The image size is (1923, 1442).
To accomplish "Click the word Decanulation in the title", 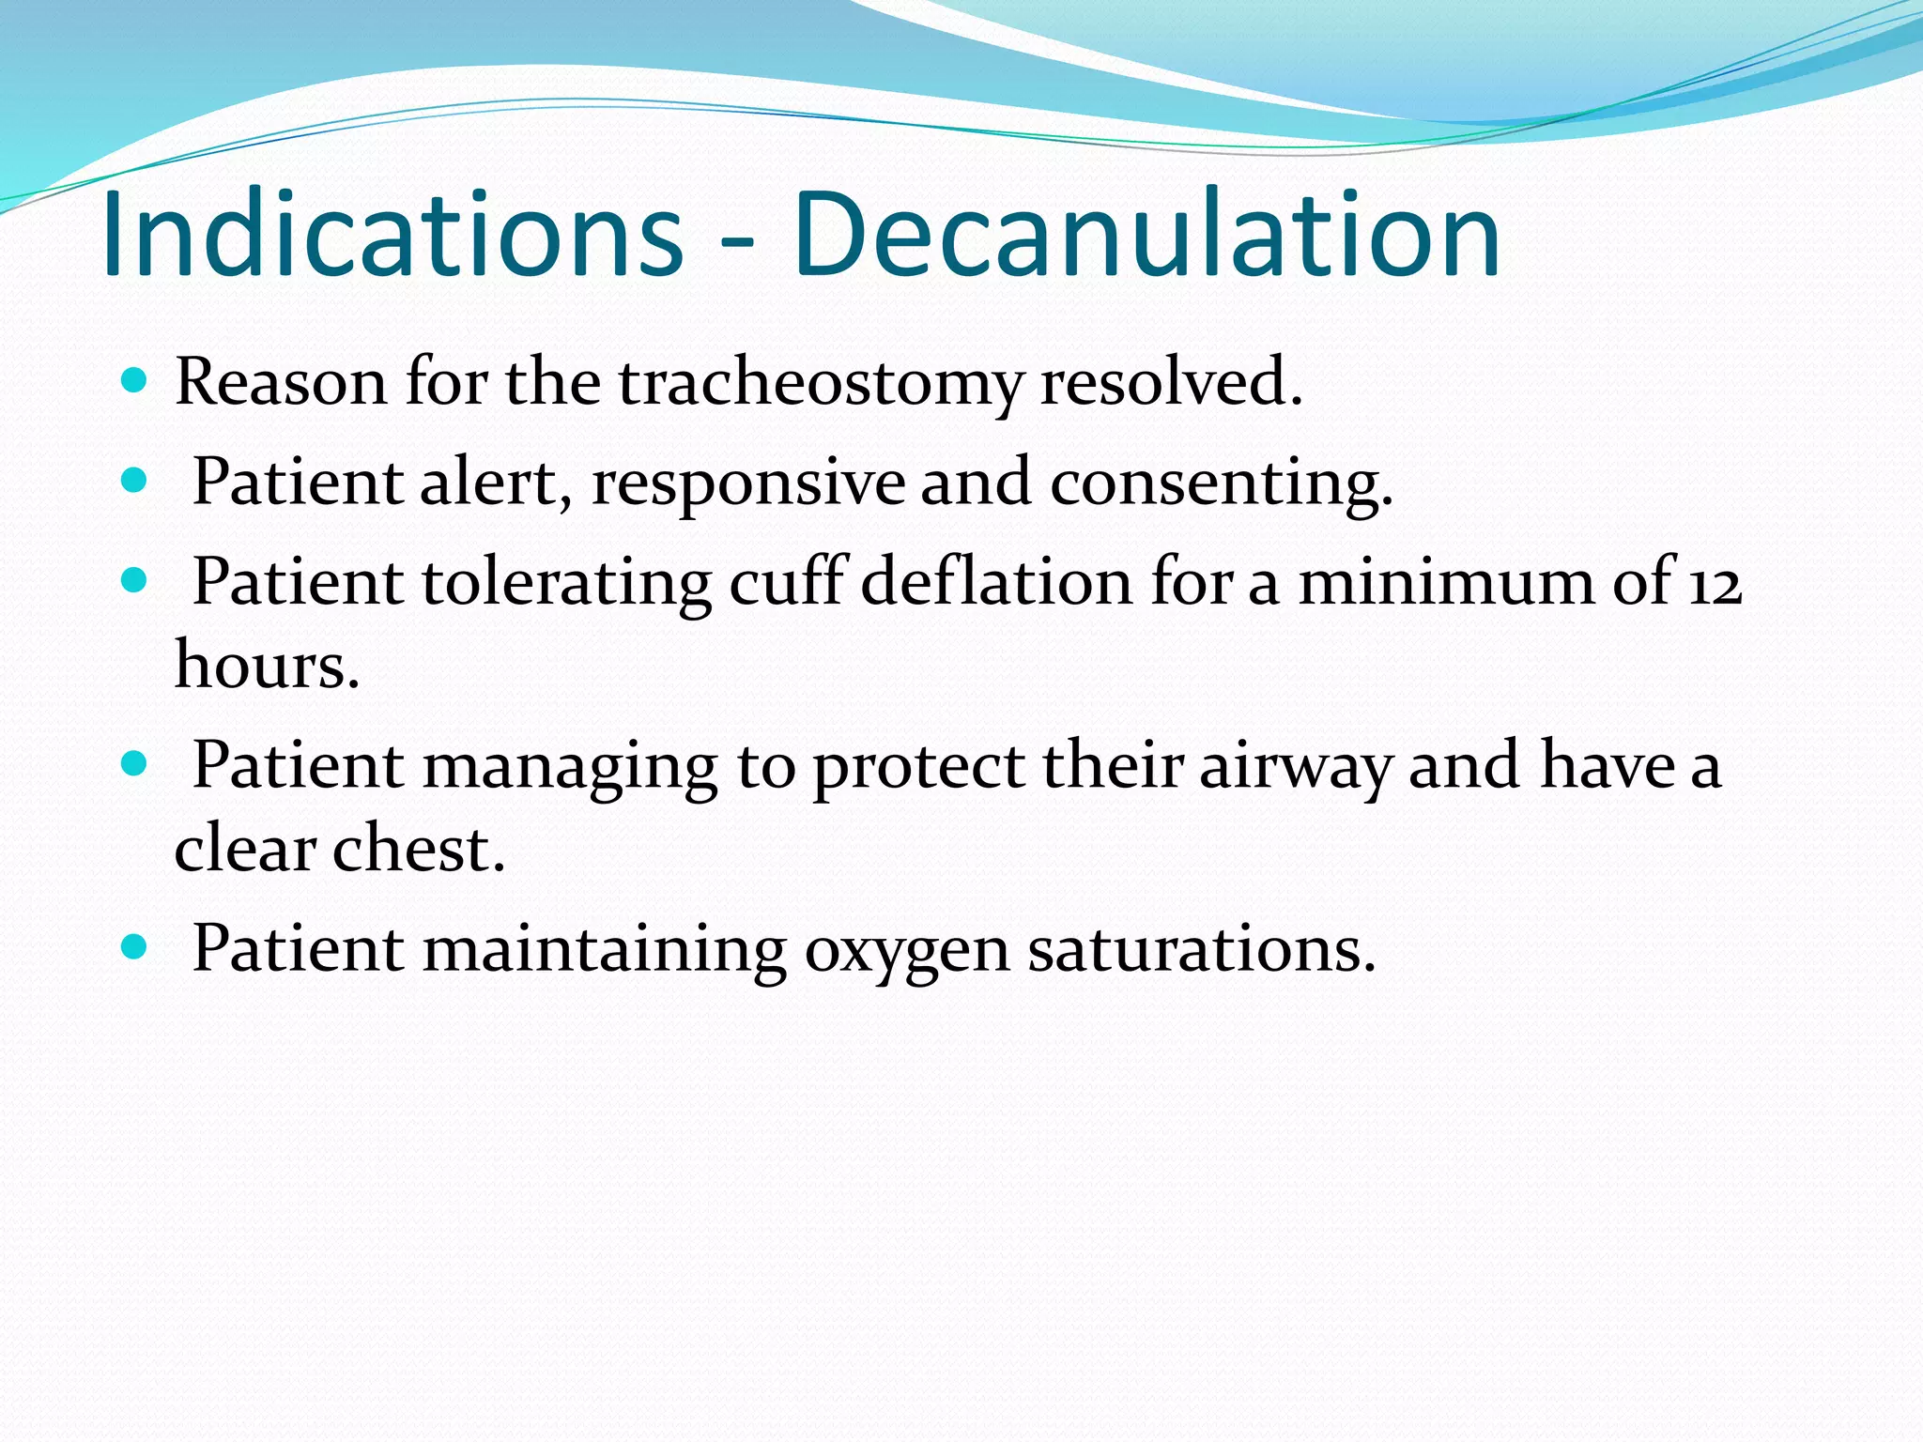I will click(x=1146, y=235).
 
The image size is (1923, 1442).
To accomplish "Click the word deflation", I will click(x=996, y=582).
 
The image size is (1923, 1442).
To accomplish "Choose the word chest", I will click(x=419, y=849).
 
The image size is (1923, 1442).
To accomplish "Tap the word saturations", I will click(x=1201, y=949).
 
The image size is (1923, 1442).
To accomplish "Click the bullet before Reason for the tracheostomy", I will click(x=135, y=380).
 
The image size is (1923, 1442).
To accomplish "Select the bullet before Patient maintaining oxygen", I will click(x=135, y=946).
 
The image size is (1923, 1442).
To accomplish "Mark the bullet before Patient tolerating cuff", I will click(x=135, y=580).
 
